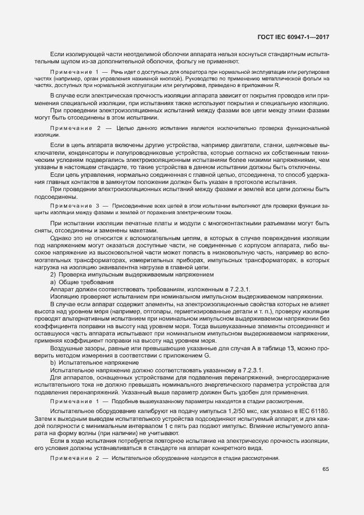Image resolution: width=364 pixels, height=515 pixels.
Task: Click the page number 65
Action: click(x=325, y=469)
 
